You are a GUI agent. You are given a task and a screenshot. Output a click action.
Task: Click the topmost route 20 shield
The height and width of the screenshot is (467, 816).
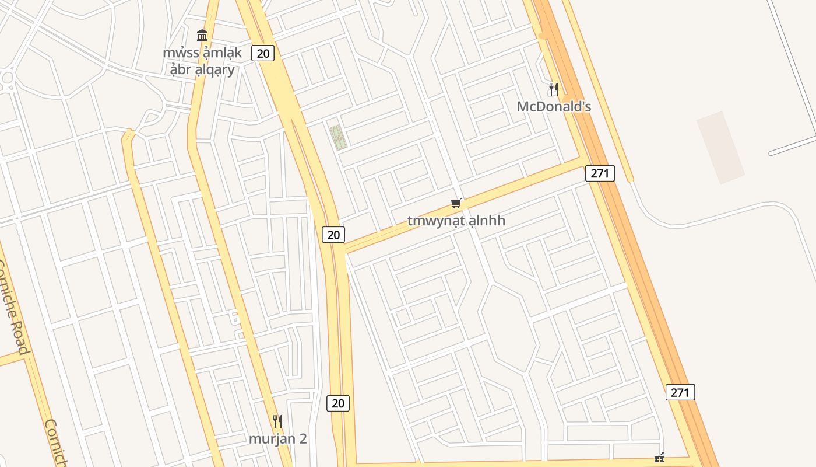pos(263,53)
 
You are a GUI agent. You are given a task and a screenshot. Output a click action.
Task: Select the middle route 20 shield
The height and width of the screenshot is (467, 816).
pos(333,235)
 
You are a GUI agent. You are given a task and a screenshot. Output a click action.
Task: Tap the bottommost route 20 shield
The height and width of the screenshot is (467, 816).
pos(337,403)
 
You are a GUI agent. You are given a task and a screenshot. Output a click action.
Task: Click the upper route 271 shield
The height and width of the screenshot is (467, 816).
pos(600,173)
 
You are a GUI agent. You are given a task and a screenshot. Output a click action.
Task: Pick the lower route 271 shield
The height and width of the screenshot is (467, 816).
pos(680,392)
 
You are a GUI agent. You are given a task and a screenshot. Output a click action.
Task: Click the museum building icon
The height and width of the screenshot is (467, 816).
pos(202,35)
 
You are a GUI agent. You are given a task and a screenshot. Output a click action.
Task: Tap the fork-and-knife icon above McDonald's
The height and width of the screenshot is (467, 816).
pos(553,89)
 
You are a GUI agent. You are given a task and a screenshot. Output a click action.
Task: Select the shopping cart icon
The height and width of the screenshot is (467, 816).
pos(456,204)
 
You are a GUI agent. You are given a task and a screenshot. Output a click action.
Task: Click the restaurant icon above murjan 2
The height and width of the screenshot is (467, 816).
pos(277,421)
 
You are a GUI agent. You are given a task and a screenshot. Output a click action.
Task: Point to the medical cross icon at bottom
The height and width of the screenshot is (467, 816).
pos(659,458)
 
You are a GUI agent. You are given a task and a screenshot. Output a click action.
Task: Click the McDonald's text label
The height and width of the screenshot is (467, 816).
pos(554,106)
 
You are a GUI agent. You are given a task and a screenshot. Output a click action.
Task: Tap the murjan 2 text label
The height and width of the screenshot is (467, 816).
pos(278,438)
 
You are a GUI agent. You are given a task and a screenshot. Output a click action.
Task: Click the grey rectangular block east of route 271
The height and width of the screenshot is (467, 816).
pos(720,148)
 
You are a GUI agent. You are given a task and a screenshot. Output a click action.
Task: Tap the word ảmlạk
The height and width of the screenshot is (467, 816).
pos(221,53)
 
